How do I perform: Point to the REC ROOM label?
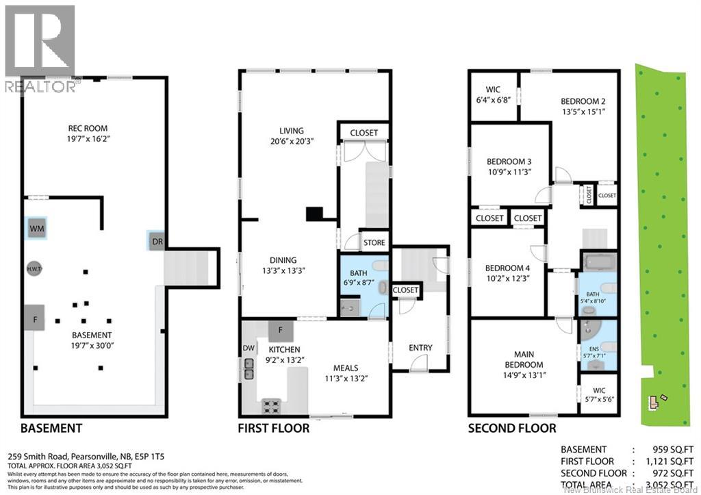coord(88,128)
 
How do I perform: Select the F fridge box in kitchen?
coord(280,331)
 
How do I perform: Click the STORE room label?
coord(374,242)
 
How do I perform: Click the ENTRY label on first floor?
coord(420,348)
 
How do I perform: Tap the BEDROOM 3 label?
coord(509,162)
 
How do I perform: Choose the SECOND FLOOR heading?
coord(511,429)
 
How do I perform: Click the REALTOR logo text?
coord(40,86)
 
